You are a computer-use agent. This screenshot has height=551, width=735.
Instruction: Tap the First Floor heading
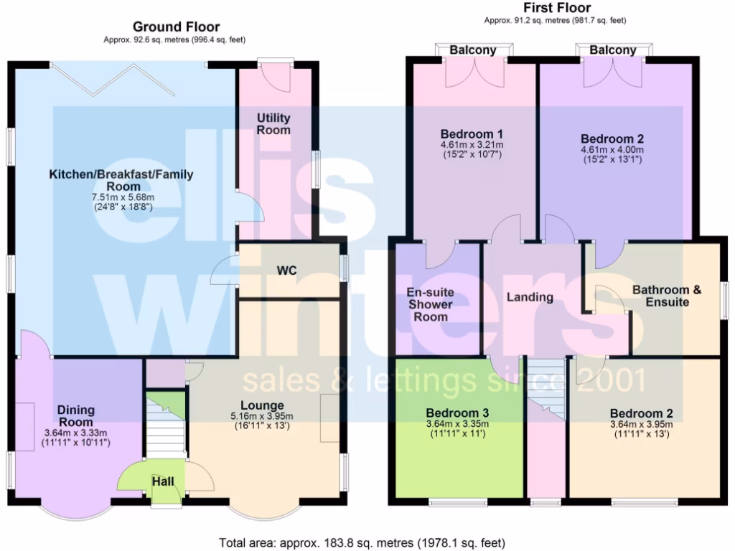coord(556,8)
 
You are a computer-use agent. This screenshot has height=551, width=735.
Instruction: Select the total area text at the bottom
coord(361,542)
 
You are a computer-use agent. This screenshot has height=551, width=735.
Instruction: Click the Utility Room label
coord(273,123)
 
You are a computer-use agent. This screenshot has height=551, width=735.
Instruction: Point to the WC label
coord(287,270)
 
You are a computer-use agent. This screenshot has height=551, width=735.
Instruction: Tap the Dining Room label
coord(76,416)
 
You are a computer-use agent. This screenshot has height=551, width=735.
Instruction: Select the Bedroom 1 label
coord(471,134)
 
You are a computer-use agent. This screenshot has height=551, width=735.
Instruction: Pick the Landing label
coord(530,297)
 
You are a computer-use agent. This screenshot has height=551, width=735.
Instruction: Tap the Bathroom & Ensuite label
coord(667,296)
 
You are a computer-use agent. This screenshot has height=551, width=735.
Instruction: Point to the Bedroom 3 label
coord(457,413)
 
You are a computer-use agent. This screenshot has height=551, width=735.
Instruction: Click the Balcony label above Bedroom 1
coord(473,50)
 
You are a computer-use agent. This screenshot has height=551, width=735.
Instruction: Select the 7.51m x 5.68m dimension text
coord(122,197)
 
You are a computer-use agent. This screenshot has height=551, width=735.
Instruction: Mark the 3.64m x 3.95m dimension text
coord(641,424)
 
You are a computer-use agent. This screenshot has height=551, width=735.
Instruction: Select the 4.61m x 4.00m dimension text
coord(612,150)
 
